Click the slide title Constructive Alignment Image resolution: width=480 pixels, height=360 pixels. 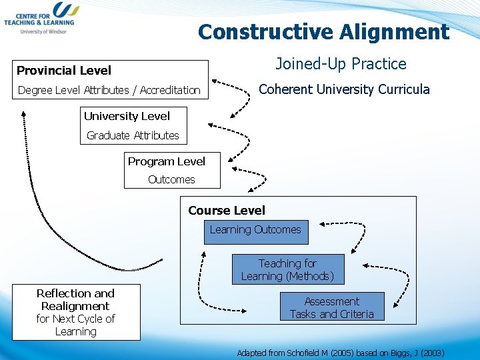(x=323, y=31)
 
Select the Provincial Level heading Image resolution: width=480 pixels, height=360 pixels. (x=64, y=71)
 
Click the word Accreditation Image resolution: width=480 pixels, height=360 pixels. (x=170, y=90)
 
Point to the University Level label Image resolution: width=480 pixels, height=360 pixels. (x=127, y=116)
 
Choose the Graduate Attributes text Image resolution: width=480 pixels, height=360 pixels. (x=133, y=135)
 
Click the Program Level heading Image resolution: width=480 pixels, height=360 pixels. (x=166, y=161)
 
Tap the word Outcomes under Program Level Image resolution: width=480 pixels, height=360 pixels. (x=171, y=179)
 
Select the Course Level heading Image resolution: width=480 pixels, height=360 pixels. (x=227, y=211)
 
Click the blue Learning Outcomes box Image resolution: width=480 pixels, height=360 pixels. (x=256, y=231)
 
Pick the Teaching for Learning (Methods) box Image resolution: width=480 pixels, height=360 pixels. (x=288, y=269)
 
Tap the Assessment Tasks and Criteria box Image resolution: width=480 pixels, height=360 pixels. (x=332, y=307)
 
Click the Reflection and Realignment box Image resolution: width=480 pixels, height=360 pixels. (x=75, y=312)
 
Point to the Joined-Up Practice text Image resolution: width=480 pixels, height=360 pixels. (x=341, y=64)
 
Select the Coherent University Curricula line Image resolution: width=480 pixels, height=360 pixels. (x=344, y=89)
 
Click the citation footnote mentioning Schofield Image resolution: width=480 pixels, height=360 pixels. (x=340, y=352)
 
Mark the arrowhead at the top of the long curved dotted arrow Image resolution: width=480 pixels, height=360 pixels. (x=23, y=113)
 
